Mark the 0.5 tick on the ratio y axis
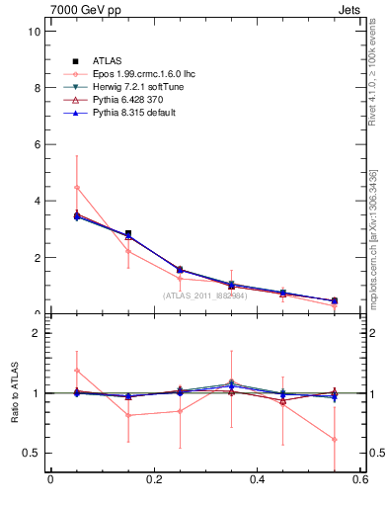click(32, 453)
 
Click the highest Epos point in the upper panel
click(77, 187)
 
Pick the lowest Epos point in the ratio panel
click(335, 439)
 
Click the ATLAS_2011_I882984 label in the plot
click(206, 295)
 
